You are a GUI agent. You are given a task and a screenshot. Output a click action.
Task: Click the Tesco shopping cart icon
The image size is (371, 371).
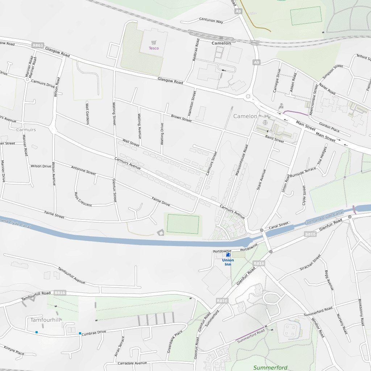(x=154, y=42)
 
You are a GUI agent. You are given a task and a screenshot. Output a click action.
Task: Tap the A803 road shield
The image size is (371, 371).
(x=37, y=45)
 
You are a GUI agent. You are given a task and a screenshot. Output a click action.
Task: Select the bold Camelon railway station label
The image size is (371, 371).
(x=221, y=43)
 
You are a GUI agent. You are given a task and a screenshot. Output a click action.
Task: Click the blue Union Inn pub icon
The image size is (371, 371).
(x=228, y=255)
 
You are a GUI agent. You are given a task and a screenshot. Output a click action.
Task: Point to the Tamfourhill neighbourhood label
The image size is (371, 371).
(x=45, y=320)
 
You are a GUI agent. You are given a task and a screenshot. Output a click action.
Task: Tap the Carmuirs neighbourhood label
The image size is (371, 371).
(x=26, y=129)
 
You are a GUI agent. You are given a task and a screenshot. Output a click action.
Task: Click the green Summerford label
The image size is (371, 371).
(x=270, y=367)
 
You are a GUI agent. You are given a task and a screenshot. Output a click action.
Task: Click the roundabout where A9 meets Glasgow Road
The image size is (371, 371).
(x=248, y=96)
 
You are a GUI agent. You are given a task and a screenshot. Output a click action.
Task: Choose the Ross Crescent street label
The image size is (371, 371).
(x=83, y=200)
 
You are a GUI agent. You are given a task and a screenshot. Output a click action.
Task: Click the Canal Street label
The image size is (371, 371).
(x=279, y=226)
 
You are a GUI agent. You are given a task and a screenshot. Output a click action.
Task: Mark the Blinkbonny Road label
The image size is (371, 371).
(x=360, y=312)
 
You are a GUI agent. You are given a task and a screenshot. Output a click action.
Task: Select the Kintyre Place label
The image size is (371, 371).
(x=14, y=350)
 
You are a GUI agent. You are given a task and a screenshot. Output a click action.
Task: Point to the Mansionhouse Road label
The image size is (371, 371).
(x=241, y=161)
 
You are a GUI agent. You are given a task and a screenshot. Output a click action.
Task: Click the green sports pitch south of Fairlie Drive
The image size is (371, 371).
(x=183, y=224)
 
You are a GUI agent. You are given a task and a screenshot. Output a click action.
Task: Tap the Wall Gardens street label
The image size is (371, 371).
(x=87, y=113)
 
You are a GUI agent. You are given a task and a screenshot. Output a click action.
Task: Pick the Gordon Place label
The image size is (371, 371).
(x=329, y=127)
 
